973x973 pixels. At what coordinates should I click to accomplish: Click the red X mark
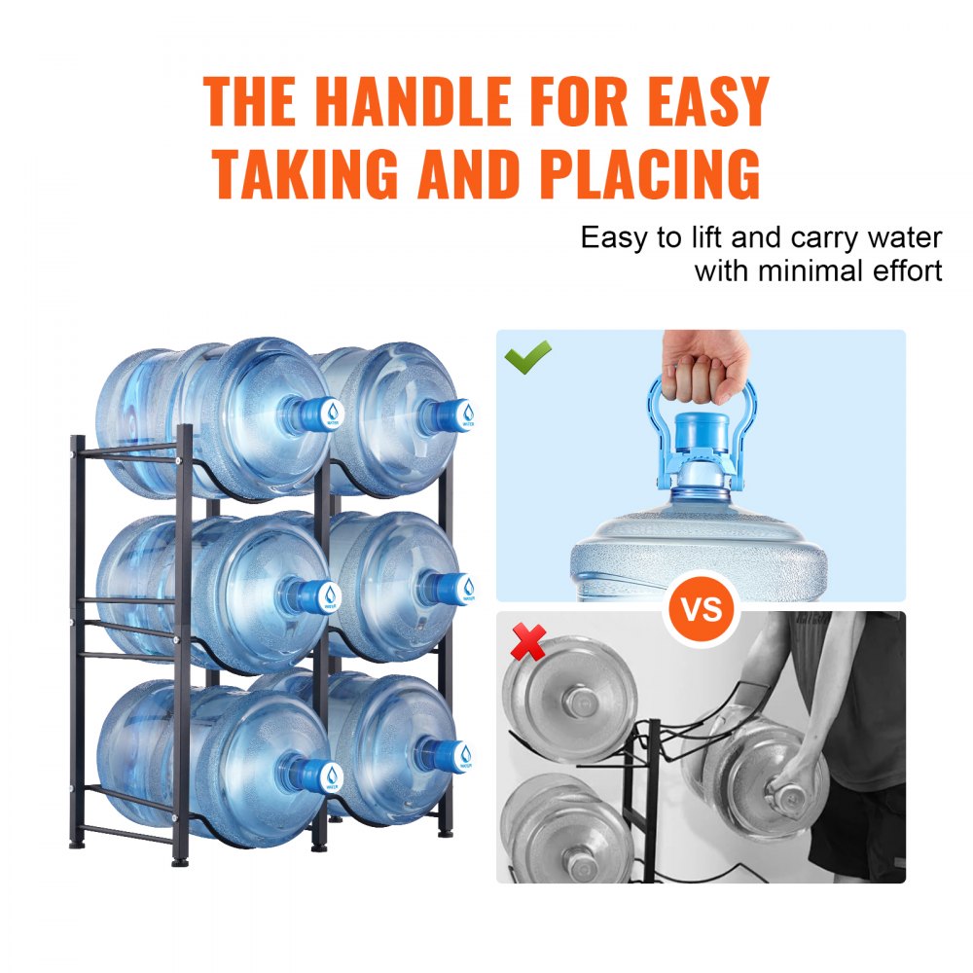[x=528, y=643]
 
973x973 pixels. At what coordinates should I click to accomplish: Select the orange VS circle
[x=702, y=609]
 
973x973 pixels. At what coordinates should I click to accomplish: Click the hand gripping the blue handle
[x=698, y=367]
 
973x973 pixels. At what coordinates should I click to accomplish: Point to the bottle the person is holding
[x=759, y=778]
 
